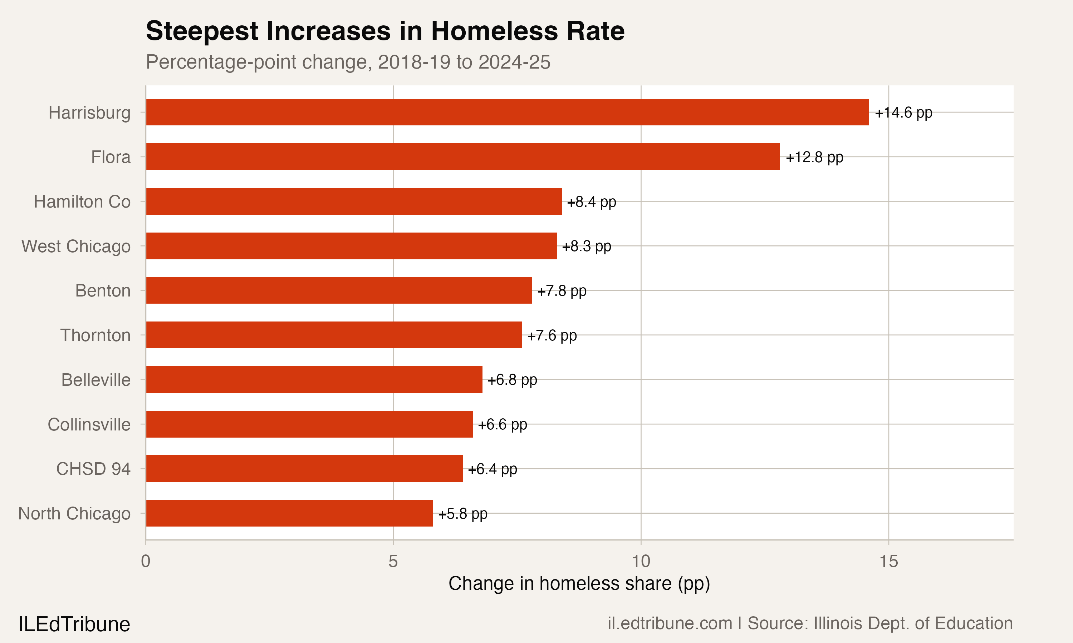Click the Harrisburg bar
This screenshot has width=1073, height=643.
pos(508,112)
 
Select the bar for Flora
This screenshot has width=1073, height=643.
pos(463,157)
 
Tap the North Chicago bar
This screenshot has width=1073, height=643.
pos(289,513)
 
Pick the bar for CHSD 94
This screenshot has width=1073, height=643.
pos(304,468)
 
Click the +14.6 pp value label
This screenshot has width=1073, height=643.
pos(903,113)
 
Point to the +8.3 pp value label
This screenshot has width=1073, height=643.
pos(586,246)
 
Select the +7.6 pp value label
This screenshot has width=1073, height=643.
pos(552,335)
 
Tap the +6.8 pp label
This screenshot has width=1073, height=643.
pos(512,380)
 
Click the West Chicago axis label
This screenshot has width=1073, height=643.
pos(76,246)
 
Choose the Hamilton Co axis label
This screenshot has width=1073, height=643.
pos(82,201)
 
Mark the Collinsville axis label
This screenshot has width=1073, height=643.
pos(89,424)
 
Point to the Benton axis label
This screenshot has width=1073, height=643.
pos(103,291)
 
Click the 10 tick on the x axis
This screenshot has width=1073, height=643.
pos(641,561)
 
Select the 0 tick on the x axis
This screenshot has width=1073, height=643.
pos(146,561)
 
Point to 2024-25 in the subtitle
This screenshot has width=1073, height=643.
pos(514,62)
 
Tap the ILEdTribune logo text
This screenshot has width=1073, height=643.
pos(74,624)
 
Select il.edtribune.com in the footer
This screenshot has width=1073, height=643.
pos(670,623)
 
